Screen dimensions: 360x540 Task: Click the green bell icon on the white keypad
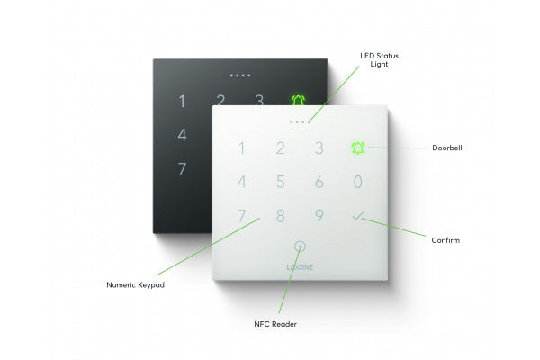pyautogui.click(x=358, y=148)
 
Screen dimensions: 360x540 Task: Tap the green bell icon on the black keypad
pyautogui.click(x=298, y=101)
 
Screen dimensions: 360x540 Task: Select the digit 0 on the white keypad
pyautogui.click(x=358, y=182)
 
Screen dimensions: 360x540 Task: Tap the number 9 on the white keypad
pyautogui.click(x=319, y=216)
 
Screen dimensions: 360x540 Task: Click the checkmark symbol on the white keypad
pyautogui.click(x=358, y=216)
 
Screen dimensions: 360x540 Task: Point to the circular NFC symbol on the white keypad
pyautogui.click(x=300, y=245)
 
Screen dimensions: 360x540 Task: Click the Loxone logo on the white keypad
pyautogui.click(x=300, y=267)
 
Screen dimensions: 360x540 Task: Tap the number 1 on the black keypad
pyautogui.click(x=182, y=102)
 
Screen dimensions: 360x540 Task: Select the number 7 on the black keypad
pyautogui.click(x=182, y=168)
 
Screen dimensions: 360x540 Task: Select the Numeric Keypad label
pyautogui.click(x=136, y=285)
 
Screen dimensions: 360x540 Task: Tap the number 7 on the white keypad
pyautogui.click(x=240, y=216)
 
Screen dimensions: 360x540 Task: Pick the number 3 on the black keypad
pyautogui.click(x=259, y=101)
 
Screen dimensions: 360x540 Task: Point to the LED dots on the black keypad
pyautogui.click(x=240, y=76)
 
